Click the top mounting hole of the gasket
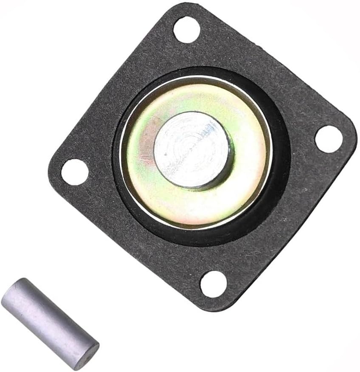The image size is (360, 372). [186, 29]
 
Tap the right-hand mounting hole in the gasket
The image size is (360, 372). [329, 139]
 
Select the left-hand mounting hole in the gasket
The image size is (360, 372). [75, 172]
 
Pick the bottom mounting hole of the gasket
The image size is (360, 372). [213, 284]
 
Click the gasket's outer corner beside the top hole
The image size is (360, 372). [178, 8]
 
